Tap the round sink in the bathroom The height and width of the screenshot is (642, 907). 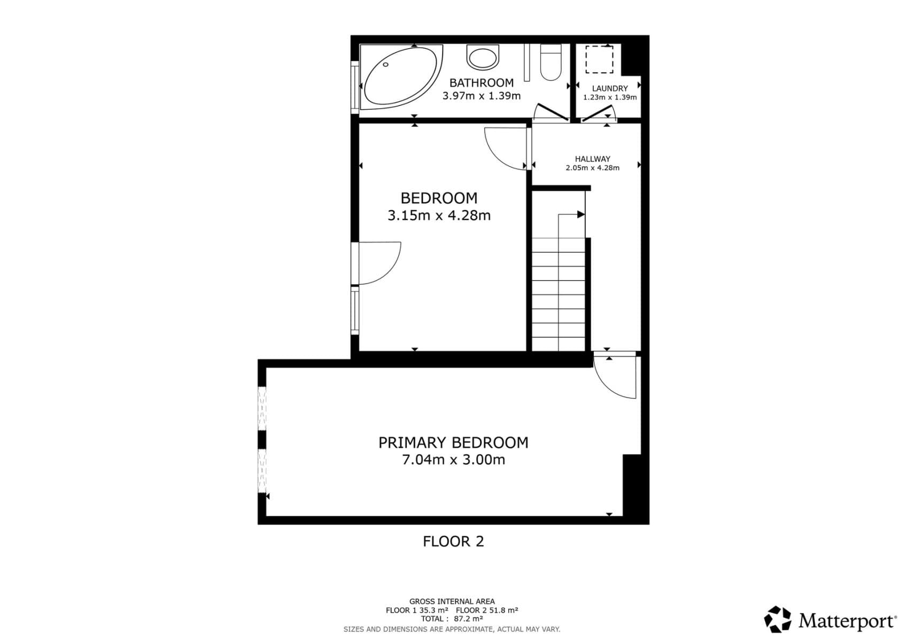[482, 57]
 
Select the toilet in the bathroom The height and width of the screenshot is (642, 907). [551, 62]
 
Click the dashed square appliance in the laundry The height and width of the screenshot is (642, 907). [599, 59]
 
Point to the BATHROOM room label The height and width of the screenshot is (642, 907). [481, 83]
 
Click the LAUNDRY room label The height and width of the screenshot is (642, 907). [609, 88]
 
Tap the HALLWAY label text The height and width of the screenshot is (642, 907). [592, 159]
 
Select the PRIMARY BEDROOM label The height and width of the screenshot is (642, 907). [453, 442]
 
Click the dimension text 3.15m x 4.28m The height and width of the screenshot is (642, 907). [439, 216]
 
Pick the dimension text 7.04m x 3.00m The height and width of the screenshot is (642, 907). [453, 460]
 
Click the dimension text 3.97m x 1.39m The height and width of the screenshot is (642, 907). [481, 96]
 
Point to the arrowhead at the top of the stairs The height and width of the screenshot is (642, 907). [580, 215]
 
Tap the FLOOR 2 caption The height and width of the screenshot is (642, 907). [453, 541]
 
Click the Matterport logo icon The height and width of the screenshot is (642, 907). [778, 620]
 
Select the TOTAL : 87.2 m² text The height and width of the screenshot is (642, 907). [452, 619]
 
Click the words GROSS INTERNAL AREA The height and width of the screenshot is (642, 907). [452, 601]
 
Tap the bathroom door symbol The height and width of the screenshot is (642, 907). [551, 113]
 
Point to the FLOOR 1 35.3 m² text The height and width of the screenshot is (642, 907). [417, 610]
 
